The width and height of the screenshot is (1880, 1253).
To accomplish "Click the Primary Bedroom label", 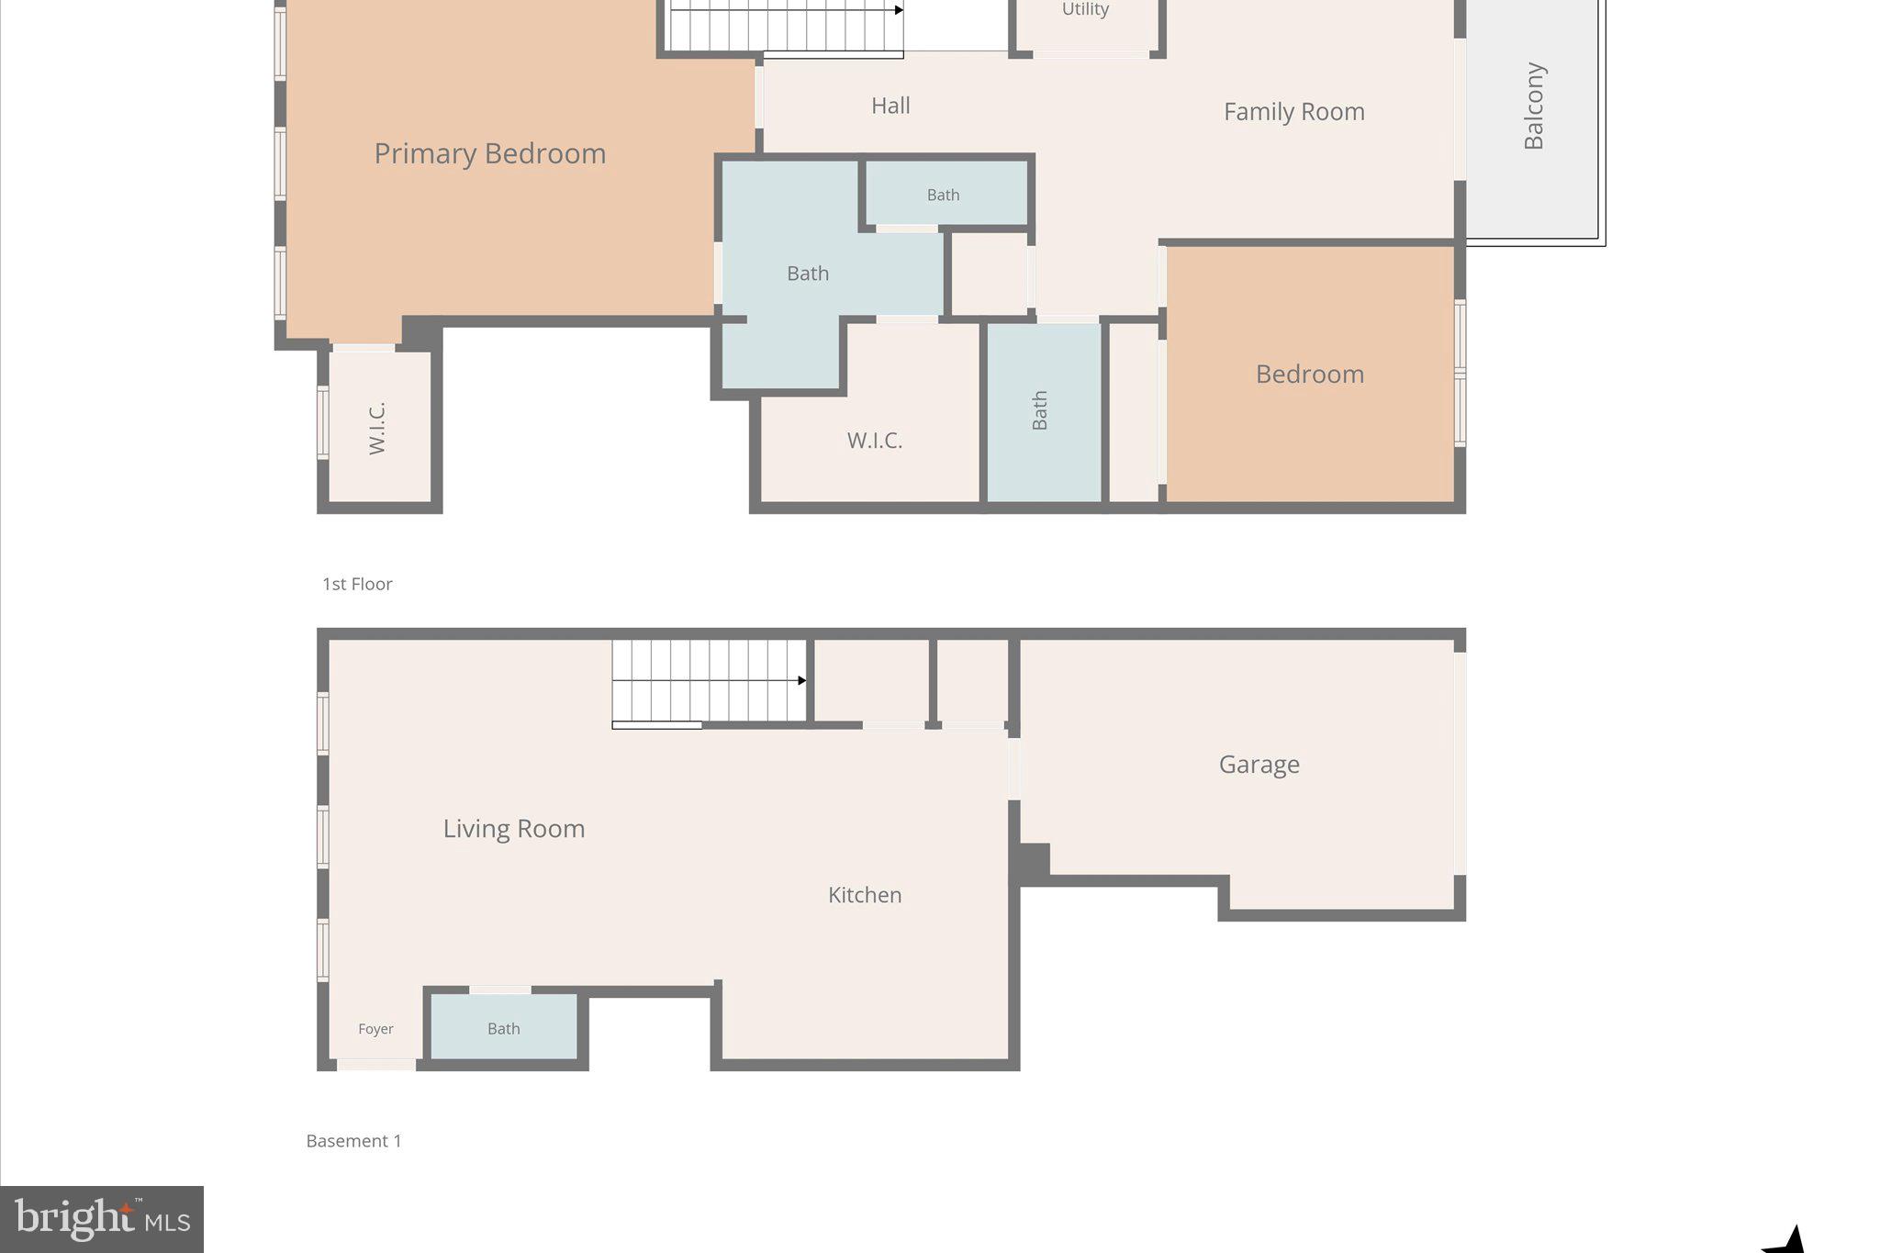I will click(x=489, y=153).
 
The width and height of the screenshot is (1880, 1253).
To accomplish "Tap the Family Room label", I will click(x=1293, y=112).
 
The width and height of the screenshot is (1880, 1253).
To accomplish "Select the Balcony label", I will click(x=1534, y=106).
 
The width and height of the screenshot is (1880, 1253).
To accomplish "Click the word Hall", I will click(x=890, y=106).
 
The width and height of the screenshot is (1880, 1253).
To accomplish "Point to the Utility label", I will click(x=1085, y=9).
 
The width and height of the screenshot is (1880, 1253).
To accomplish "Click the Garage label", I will click(x=1259, y=765).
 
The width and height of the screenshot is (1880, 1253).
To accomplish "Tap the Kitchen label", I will click(x=865, y=895).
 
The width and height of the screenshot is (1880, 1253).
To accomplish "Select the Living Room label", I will click(x=513, y=829).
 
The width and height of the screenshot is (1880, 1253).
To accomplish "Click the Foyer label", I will click(x=375, y=1029).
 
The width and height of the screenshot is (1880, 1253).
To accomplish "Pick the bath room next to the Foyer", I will click(x=503, y=1029).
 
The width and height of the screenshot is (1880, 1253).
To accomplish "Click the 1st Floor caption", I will click(x=357, y=584).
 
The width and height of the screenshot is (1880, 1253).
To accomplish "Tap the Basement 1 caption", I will click(x=353, y=1141).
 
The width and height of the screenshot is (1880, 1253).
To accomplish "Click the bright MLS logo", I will click(x=101, y=1219).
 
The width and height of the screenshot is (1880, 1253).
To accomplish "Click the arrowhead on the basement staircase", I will click(x=801, y=680).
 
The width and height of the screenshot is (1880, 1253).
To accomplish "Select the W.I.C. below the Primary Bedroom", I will click(x=377, y=428).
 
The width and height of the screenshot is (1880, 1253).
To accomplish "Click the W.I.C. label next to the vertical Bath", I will click(x=874, y=441).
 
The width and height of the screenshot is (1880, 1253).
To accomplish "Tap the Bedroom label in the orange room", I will click(x=1309, y=375).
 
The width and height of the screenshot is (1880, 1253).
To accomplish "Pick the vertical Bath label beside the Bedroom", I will click(x=1039, y=410).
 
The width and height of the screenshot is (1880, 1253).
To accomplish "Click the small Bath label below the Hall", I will click(x=943, y=195).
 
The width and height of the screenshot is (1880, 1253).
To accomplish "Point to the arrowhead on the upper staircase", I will click(x=899, y=10).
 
